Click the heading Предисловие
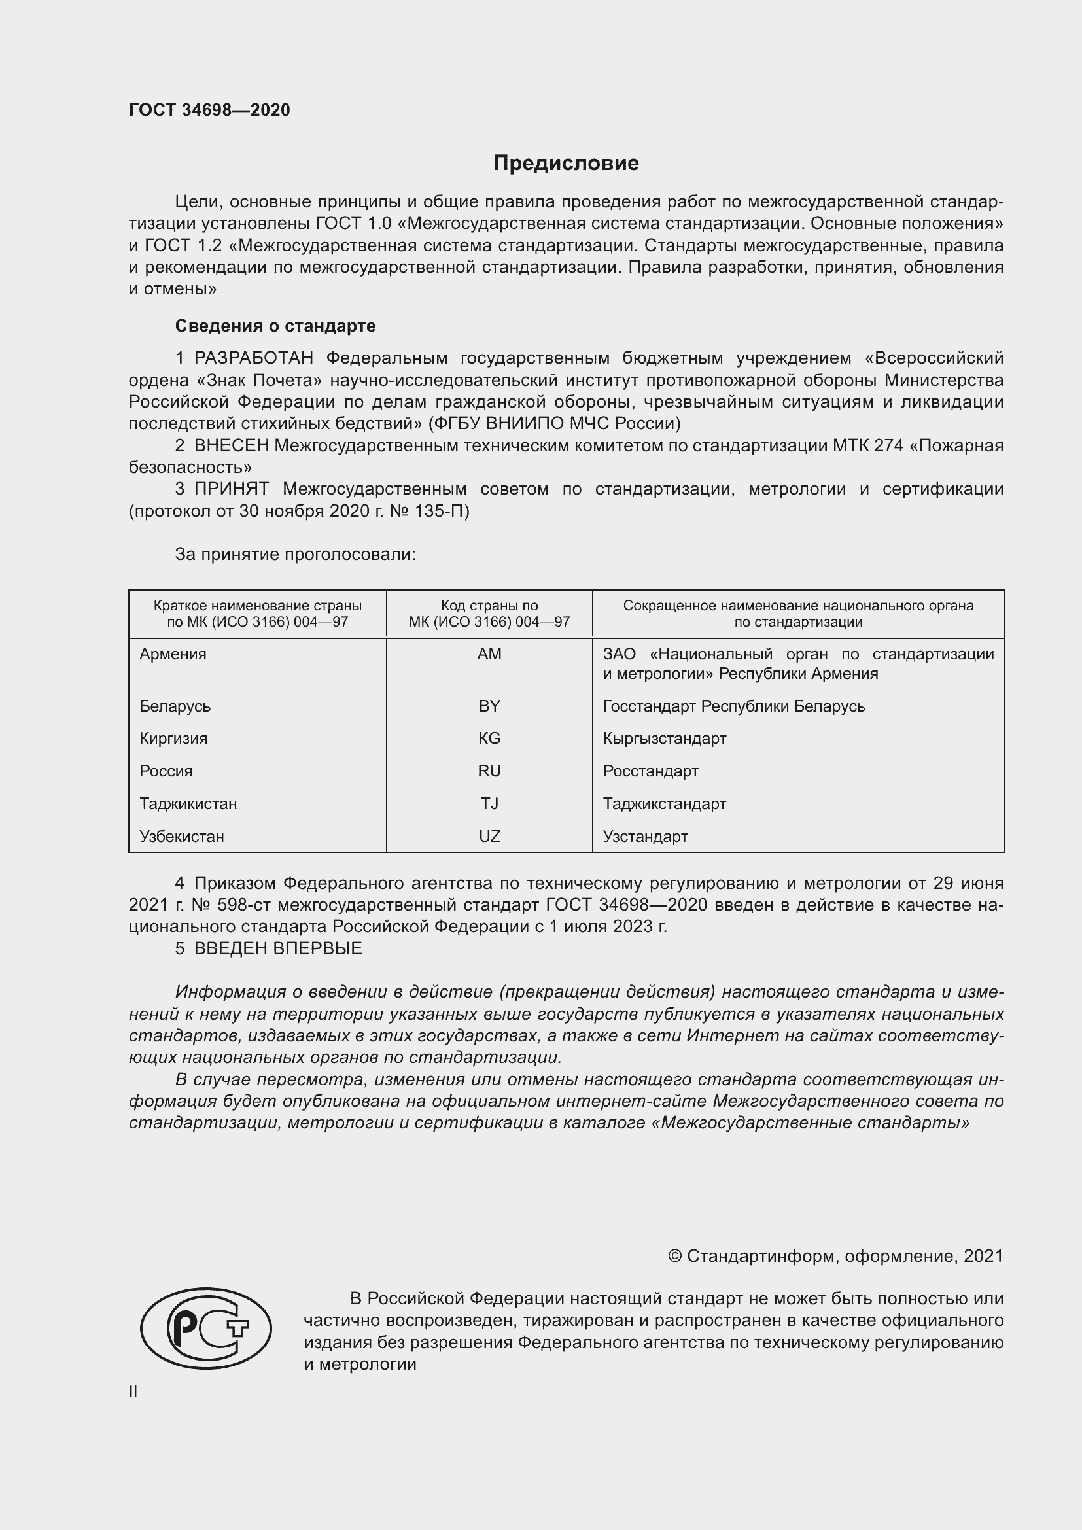click(x=566, y=164)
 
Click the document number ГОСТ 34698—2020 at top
click(x=209, y=111)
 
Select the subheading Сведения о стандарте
click(x=275, y=326)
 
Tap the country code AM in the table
click(x=489, y=654)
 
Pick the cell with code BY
click(x=489, y=706)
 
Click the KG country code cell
click(x=489, y=739)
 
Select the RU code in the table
click(x=489, y=771)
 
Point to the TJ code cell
click(x=489, y=804)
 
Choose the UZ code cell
click(x=489, y=837)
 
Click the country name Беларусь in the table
click(x=175, y=706)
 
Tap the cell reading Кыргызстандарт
click(x=664, y=739)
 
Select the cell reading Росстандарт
click(x=650, y=771)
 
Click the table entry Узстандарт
click(x=645, y=837)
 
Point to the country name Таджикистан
click(x=188, y=804)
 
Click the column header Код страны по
click(x=489, y=606)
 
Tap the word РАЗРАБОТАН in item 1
click(x=253, y=358)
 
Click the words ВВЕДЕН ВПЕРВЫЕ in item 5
click(x=278, y=948)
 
